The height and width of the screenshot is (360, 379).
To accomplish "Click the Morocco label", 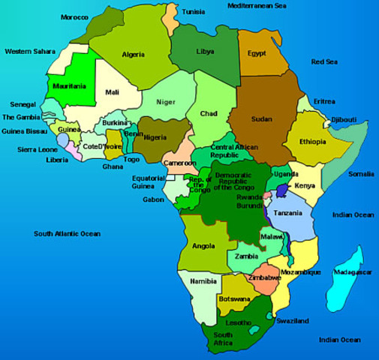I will [x=74, y=16].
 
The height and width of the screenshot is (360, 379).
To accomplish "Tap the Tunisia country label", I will [x=194, y=12].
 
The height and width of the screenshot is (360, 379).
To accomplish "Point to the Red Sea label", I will [x=326, y=61].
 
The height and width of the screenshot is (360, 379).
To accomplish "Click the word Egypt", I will [x=257, y=54].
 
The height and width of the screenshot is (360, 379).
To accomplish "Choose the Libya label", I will [x=204, y=51].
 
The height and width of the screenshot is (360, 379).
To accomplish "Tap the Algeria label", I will [x=133, y=54].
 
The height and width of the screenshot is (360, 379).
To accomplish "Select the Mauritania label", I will [x=69, y=86].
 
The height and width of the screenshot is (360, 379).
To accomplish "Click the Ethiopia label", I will [x=312, y=141].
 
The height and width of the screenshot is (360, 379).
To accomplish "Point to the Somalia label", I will [x=360, y=173].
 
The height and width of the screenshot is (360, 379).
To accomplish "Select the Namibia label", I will [x=203, y=280].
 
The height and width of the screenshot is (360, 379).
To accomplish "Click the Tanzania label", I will [x=288, y=213].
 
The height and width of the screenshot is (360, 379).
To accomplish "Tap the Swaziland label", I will [x=292, y=320].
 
